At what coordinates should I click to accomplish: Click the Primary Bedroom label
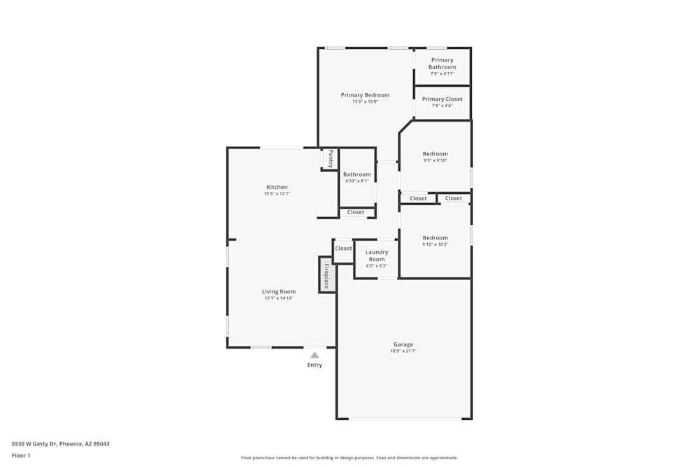365,95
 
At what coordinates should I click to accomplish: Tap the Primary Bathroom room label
442,64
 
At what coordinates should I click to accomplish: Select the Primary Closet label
442,99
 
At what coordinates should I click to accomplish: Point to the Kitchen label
277,187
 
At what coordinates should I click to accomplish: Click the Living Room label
278,291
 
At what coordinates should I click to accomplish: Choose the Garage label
403,344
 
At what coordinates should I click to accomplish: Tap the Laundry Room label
377,256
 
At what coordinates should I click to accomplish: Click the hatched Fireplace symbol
326,274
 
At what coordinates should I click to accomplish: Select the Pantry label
331,158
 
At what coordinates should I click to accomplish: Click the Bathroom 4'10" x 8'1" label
356,174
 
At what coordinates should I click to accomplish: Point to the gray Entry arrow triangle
315,355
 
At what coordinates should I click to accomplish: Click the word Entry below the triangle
315,365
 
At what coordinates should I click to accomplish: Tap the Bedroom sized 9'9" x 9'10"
435,154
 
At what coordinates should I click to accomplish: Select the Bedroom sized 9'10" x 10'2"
435,238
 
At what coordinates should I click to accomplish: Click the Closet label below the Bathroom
356,212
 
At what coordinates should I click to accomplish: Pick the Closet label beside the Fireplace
343,249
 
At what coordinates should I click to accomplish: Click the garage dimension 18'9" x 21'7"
403,351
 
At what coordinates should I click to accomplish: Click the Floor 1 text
21,455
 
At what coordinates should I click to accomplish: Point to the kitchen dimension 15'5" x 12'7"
277,194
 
